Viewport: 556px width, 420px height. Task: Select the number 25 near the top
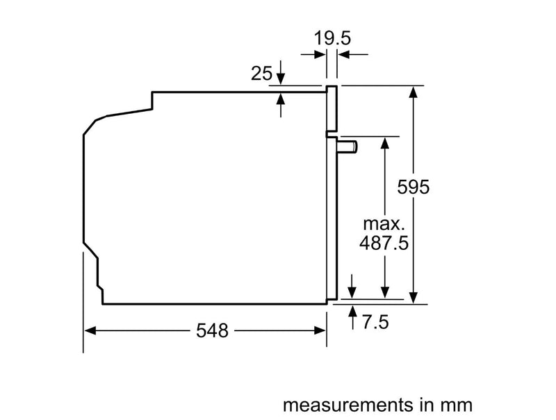click(x=261, y=73)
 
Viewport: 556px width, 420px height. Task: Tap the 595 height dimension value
click(x=414, y=187)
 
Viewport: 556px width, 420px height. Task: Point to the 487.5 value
click(x=383, y=244)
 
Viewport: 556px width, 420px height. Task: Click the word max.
click(x=384, y=224)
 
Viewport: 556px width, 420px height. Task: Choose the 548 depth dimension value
click(x=212, y=331)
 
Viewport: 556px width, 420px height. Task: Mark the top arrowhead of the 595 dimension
click(x=414, y=91)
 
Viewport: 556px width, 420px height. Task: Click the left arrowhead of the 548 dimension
click(x=90, y=331)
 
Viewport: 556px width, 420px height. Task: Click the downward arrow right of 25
click(x=281, y=72)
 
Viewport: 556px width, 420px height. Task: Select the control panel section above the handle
click(x=332, y=108)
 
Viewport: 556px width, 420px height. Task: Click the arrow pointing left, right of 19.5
click(x=343, y=53)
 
